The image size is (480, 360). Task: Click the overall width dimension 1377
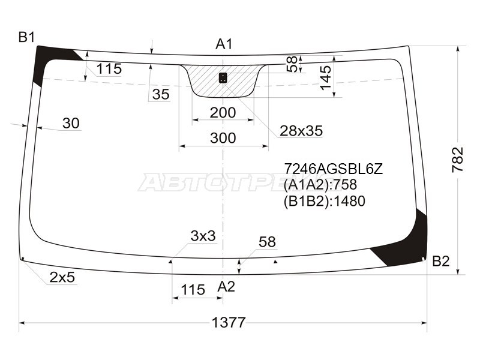229,322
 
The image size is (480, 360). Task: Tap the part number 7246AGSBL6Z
332,169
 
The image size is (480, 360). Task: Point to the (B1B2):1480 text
324,202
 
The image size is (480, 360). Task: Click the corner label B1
26,38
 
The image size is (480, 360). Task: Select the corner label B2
440,261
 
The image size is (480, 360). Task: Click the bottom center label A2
226,287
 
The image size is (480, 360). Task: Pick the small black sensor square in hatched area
223,77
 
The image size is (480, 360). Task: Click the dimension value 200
223,112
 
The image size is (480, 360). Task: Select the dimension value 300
223,138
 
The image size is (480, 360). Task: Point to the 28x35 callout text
301,130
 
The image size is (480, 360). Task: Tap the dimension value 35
160,94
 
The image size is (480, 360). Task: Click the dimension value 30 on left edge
71,123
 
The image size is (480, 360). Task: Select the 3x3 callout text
203,236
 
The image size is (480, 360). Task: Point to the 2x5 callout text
62,277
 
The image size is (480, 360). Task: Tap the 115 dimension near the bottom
193,290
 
